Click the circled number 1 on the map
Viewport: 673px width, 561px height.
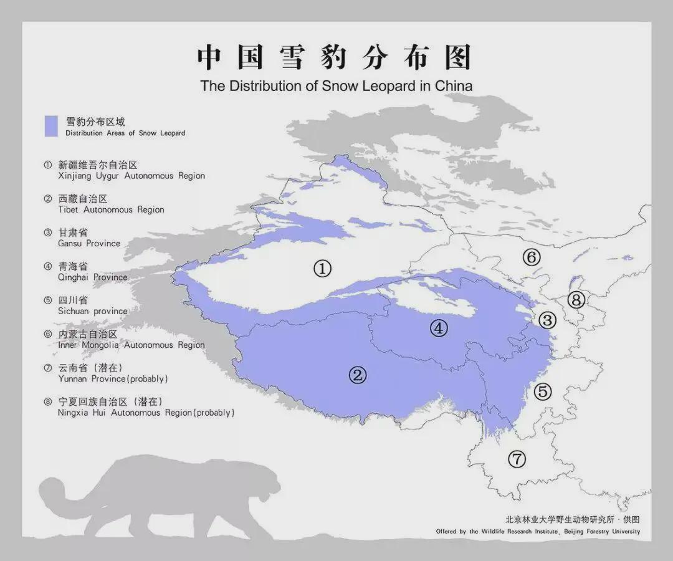[x=322, y=269]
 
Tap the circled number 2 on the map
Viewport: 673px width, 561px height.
[x=357, y=375]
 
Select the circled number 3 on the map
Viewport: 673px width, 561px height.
[x=547, y=320]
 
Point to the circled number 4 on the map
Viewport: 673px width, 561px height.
[x=439, y=328]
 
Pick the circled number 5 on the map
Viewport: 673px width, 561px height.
[x=543, y=391]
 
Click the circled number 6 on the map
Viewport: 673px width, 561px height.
[x=531, y=256]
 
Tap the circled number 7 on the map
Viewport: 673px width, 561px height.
[x=517, y=459]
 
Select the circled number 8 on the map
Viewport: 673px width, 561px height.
[x=576, y=300]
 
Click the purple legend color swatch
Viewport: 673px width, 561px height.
[x=51, y=126]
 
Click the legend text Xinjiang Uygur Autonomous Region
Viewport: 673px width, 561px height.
[x=131, y=176]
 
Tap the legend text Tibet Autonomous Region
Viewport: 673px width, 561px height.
[x=111, y=209]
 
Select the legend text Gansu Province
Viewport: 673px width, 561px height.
[x=89, y=243]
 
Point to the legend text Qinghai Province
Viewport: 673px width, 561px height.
[x=92, y=277]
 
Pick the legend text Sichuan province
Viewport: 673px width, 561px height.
[x=92, y=311]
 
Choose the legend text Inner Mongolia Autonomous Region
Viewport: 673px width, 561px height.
[x=131, y=345]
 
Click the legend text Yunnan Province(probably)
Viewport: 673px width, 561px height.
[x=113, y=378]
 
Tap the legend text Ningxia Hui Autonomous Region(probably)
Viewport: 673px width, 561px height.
[x=146, y=413]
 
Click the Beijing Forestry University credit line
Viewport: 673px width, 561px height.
[x=538, y=532]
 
